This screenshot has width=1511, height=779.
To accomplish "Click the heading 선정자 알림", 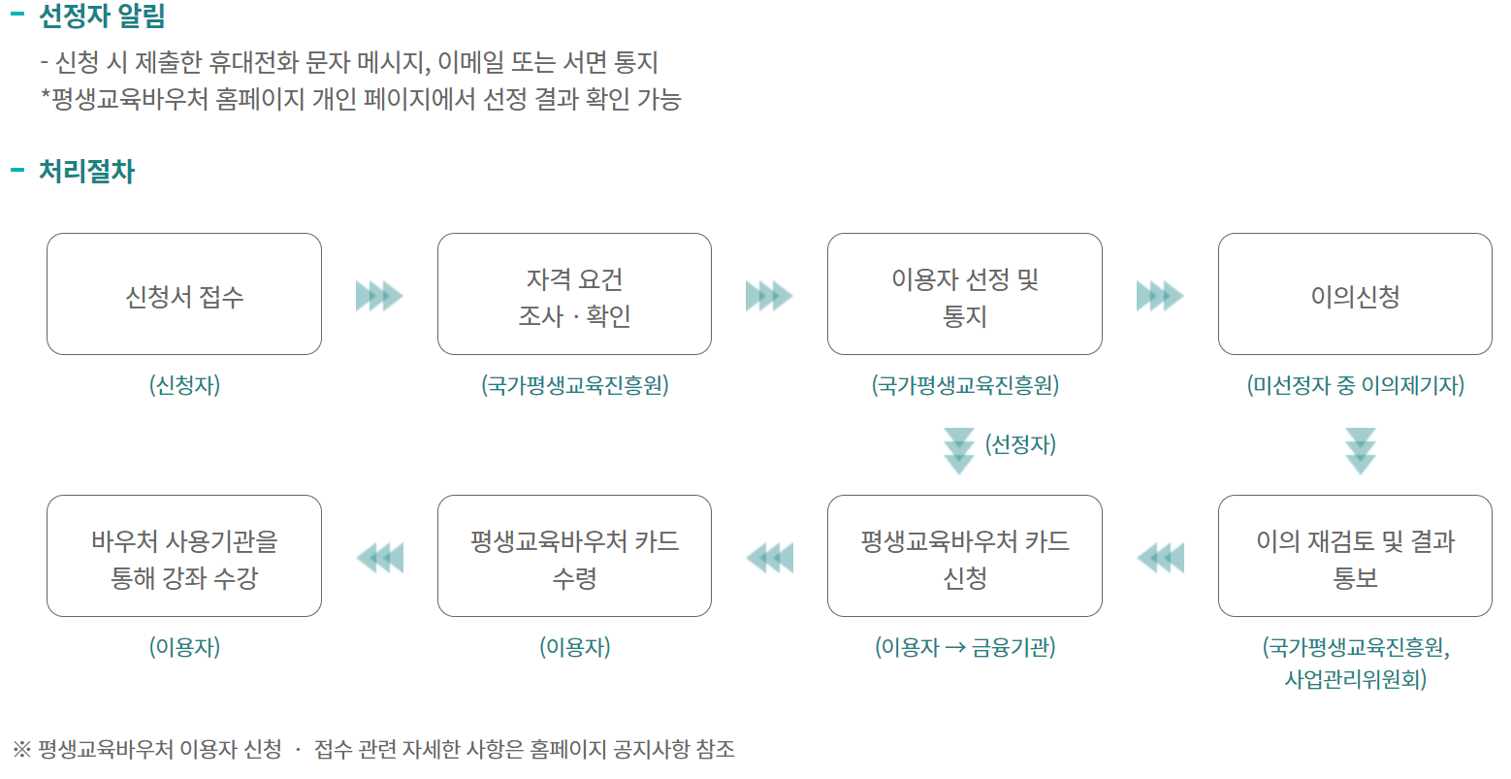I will pos(101,16).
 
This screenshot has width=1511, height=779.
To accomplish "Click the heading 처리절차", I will pos(86,172).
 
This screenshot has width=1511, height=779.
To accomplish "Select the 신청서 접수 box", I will pos(184,294).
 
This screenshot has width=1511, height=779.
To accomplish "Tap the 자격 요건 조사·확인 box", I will pos(574,294).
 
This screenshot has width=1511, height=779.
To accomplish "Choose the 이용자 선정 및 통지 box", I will pos(964,294).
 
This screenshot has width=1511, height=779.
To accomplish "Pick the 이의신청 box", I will pos(1355,294).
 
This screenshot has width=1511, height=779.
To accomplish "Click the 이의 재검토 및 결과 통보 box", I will pos(1355,556).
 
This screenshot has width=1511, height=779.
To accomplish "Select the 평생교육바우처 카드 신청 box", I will pos(964,556).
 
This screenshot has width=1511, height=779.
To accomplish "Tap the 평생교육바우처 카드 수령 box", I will pos(574,556).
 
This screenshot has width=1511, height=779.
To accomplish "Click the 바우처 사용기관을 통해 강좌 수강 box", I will pos(184,556).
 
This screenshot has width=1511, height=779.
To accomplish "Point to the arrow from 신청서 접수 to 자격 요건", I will pos(379,295).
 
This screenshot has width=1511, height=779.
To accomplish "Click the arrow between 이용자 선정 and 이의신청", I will pos(1160,295).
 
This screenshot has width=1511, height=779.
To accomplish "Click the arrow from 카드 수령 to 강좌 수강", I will pos(379,558).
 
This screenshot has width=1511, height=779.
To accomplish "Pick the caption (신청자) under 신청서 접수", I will pos(184,385).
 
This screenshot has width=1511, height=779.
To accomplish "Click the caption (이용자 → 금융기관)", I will pos(965,647).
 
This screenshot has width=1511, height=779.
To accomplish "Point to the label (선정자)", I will pos(1020,444).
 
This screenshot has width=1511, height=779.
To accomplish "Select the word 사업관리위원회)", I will pos(1355,678).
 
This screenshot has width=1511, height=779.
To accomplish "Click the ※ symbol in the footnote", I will pos(22,749).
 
